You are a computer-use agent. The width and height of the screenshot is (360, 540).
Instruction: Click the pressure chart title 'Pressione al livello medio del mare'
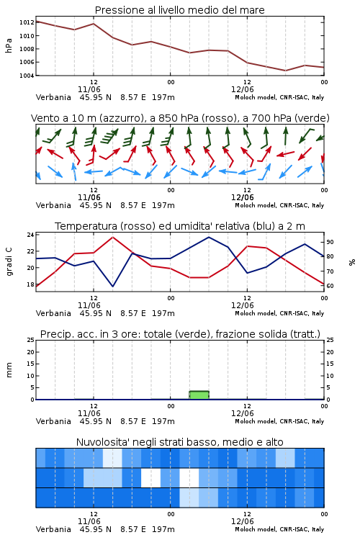tap(179, 10)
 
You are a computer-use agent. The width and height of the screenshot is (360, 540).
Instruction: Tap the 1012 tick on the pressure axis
tap(27, 22)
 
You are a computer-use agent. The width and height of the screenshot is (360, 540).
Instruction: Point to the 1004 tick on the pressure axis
tap(27, 76)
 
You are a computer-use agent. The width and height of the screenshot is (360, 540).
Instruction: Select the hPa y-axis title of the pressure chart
tap(9, 45)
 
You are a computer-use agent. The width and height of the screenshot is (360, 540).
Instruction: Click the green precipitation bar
tap(199, 395)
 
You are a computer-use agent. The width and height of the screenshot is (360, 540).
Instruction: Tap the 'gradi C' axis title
tap(9, 261)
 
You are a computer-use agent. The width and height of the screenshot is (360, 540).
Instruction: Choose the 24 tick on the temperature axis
tap(30, 235)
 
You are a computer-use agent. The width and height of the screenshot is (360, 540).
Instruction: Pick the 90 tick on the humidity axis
tap(330, 242)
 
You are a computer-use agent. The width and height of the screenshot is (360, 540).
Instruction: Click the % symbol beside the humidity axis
tap(352, 262)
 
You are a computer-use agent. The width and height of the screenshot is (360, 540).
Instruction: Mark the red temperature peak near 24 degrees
tap(112, 237)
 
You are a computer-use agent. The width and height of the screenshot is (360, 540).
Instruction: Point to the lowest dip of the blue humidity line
tap(112, 286)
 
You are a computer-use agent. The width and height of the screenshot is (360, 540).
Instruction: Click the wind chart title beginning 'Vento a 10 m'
tap(180, 118)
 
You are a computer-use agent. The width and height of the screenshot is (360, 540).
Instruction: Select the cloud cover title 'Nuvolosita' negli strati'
tap(179, 442)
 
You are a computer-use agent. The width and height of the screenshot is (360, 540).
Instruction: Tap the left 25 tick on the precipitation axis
tap(30, 340)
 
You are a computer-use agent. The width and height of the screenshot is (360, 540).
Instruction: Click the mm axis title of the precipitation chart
tap(9, 370)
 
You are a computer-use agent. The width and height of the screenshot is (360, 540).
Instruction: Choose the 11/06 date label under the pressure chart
tap(89, 89)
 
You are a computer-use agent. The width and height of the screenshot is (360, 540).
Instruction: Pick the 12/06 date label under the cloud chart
tap(242, 521)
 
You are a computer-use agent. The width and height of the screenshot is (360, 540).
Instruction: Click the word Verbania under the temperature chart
tap(53, 313)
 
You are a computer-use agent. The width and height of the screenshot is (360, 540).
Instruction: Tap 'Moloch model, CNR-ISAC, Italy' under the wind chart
tap(279, 205)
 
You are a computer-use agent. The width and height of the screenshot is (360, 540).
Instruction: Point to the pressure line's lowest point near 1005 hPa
tap(285, 71)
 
